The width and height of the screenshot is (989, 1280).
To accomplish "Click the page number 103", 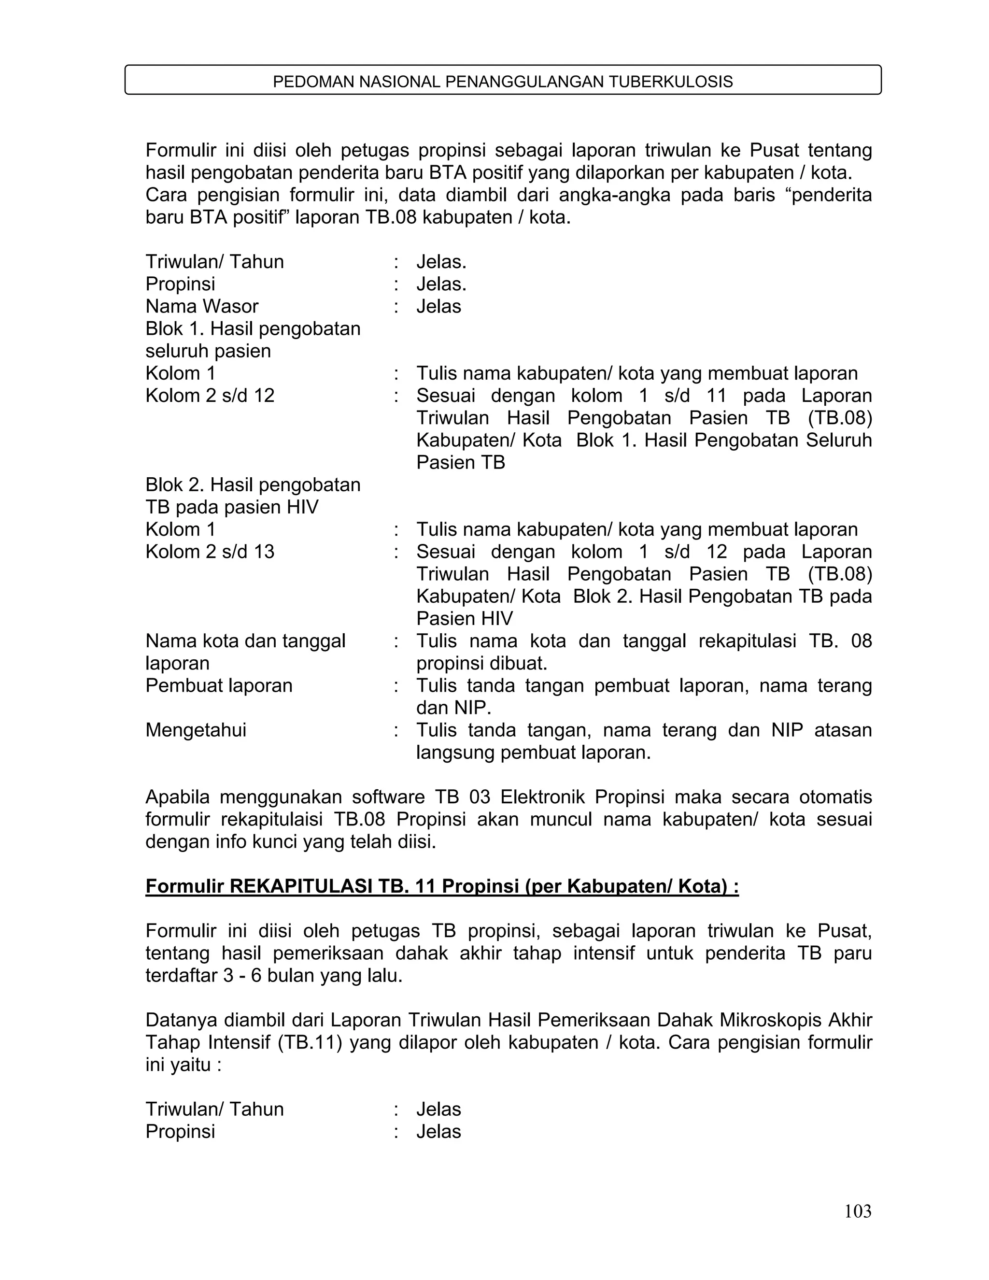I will tap(857, 1211).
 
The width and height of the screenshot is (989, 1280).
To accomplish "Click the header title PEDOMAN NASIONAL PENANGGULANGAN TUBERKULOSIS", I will tap(503, 82).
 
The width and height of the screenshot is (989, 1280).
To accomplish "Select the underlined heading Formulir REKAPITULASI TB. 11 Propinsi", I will tap(442, 886).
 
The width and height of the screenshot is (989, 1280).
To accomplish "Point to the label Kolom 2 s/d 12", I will tap(210, 396).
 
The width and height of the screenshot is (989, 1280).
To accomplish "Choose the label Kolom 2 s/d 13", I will tap(210, 552).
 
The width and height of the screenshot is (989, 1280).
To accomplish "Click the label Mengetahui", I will tap(196, 730).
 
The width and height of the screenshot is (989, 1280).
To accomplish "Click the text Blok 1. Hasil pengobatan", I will tap(253, 329).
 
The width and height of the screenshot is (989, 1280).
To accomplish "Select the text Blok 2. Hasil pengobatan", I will tap(253, 484).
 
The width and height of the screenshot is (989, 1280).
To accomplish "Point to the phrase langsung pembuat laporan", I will tap(533, 752).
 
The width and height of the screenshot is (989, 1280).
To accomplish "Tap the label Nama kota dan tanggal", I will tap(245, 640).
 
